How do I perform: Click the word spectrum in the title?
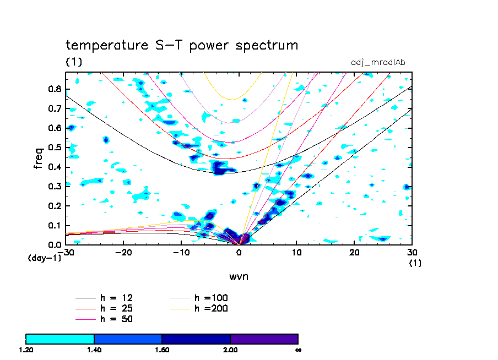[x=267, y=46]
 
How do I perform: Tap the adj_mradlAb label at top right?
[x=378, y=62]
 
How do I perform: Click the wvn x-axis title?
[x=239, y=276]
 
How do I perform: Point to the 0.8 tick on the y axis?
[x=55, y=89]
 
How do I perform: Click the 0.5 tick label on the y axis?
[x=55, y=148]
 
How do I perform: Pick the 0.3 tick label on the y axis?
[x=55, y=187]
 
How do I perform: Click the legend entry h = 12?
[x=116, y=298]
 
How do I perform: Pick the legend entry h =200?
[x=211, y=309]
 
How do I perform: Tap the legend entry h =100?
[x=211, y=298]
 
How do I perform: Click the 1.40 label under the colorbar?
[x=94, y=350]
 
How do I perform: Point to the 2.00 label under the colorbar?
[x=230, y=350]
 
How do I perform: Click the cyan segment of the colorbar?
[x=60, y=339]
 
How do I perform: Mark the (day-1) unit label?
[x=44, y=258]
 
